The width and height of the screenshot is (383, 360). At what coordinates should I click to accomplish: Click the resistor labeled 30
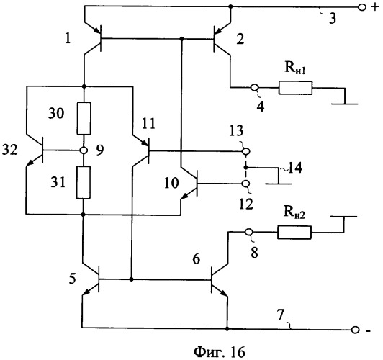tap(84, 119)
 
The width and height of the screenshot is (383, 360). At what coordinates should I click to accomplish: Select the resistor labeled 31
tap(84, 182)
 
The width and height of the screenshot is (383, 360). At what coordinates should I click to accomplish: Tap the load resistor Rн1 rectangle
tap(295, 88)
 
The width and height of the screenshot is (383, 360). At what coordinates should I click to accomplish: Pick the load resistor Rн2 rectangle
tap(294, 233)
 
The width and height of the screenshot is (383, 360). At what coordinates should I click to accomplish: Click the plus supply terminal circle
tap(361, 8)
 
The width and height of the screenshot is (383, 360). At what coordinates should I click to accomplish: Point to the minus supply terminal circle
tap(356, 330)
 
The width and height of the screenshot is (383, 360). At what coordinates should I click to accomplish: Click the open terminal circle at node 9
tap(84, 150)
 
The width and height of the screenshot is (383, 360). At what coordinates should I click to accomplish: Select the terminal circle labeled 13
tap(246, 152)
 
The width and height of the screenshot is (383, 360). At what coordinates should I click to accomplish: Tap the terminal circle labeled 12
tap(246, 184)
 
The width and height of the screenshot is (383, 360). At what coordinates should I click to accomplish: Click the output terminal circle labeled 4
tap(255, 87)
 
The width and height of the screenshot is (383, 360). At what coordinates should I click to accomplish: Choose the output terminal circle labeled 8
tap(249, 232)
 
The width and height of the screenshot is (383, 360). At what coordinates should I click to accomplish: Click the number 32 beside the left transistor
tap(10, 150)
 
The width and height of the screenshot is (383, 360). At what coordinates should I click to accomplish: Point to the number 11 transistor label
tap(149, 123)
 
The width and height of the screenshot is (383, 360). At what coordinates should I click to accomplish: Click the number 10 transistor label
tap(171, 183)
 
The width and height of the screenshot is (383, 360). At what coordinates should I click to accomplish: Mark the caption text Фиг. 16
tap(220, 352)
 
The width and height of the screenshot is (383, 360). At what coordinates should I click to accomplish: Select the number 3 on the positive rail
tap(333, 19)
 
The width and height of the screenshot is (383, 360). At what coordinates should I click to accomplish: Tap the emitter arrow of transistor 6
tap(223, 293)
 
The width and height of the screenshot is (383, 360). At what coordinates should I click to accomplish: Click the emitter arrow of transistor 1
tap(96, 30)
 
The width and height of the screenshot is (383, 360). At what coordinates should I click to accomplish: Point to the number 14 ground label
tap(295, 168)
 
